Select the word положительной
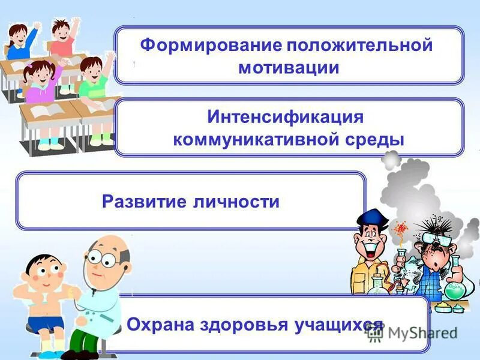coord(359,46)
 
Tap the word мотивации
coord(289,68)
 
